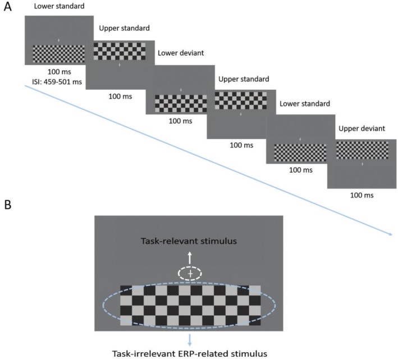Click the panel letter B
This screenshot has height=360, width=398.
coord(7,204)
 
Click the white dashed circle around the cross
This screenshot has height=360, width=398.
coord(190,273)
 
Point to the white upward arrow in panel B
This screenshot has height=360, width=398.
coord(190,257)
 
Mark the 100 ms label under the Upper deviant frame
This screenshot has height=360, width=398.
coord(362,196)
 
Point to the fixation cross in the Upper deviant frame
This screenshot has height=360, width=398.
coord(362,164)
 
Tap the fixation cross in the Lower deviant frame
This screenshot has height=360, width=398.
coord(180,90)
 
